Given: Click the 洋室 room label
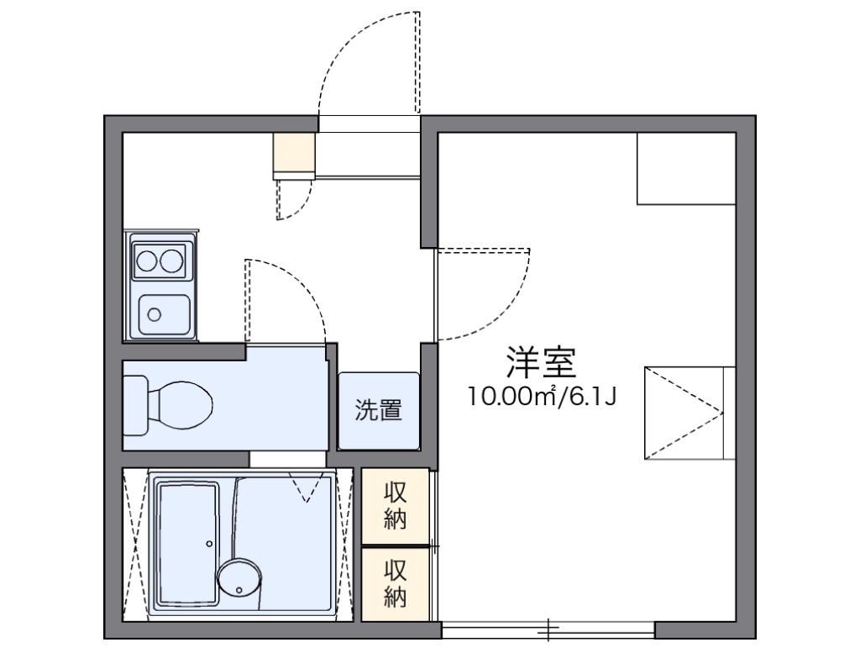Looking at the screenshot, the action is pos(541,363).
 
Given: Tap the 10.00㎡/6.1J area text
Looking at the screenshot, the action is pos(542,396).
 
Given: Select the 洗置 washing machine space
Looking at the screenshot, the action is pos(379,411).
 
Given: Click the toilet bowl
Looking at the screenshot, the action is pos(180,406).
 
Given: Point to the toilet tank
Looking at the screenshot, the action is pos(135,406).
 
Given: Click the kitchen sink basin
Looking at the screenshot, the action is pos(164,315).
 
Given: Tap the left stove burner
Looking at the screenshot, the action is pos(147,261).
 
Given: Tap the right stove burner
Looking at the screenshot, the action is pos(171,261).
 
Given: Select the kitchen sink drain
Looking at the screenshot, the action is pos(155,314).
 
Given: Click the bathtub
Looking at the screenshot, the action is pos(187,543).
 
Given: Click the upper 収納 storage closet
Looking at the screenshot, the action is pos(395,507).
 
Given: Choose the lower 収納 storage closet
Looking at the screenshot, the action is pos(395,584).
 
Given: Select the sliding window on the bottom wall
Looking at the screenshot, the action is pos(548,630).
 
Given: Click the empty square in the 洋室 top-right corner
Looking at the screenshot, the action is pos(686,168).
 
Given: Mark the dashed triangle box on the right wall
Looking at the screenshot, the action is pos(690,413).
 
